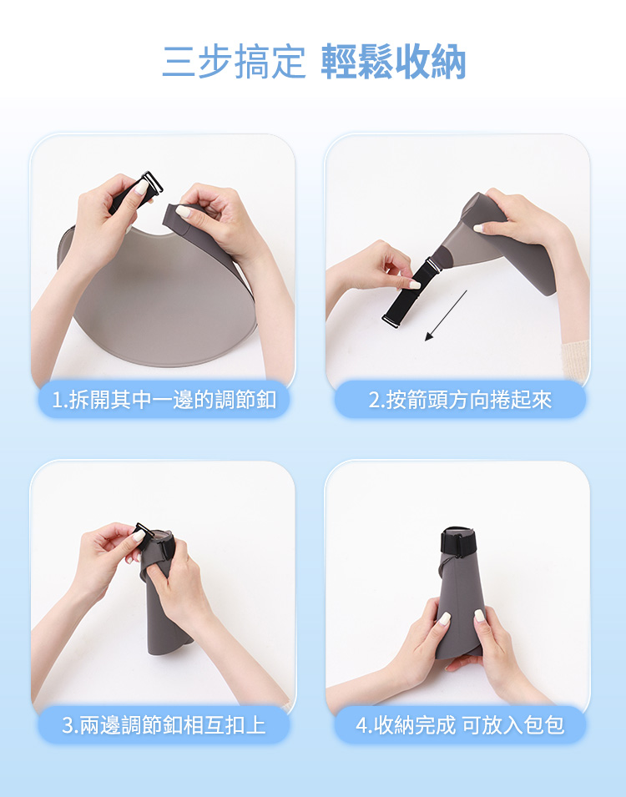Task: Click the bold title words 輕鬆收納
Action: (x=393, y=62)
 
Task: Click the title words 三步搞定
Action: (x=234, y=62)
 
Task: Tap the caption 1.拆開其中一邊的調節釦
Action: (x=164, y=400)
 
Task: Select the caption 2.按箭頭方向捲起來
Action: (x=460, y=400)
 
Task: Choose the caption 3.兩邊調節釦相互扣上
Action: (x=164, y=725)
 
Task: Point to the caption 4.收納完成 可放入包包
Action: (x=460, y=725)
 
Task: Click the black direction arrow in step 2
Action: (x=446, y=315)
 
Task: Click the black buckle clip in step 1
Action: (x=150, y=184)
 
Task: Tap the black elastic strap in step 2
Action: (x=409, y=292)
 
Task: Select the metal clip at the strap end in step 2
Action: (x=392, y=321)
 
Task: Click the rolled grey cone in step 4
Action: (x=458, y=600)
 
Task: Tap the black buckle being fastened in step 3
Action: (x=143, y=535)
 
